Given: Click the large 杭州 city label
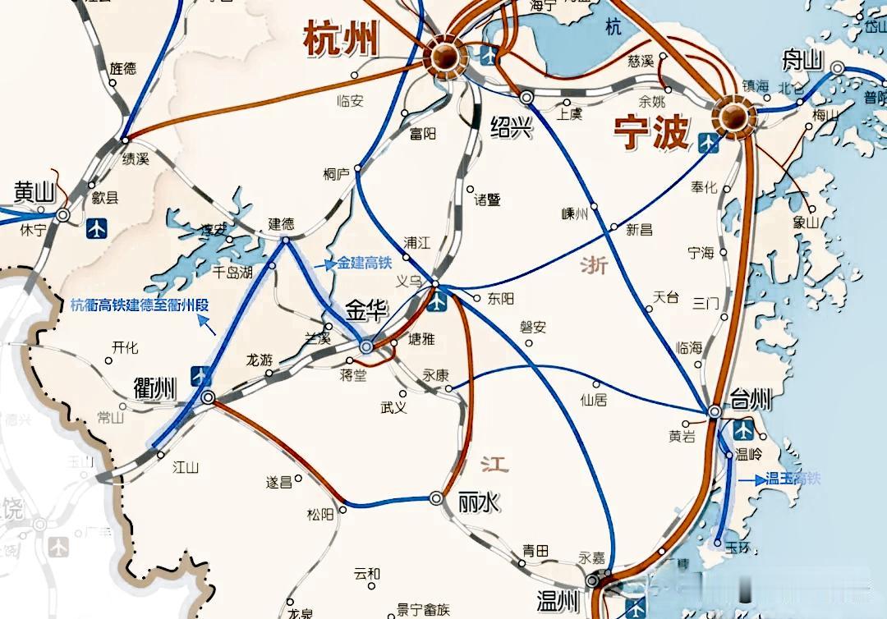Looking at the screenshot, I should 341,39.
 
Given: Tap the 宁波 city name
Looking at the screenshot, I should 651,131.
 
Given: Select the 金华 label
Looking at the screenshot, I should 367,310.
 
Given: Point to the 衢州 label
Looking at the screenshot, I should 155,387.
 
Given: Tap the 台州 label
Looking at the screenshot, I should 750,401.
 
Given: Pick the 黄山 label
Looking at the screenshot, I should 34,191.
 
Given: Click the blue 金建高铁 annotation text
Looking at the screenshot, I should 365,264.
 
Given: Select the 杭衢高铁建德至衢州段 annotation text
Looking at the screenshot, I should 140,304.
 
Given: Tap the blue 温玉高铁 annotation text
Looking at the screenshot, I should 793,479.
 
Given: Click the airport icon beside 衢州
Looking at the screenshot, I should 200,375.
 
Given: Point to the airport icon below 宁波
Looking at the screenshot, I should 708,142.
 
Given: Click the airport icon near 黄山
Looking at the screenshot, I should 96,227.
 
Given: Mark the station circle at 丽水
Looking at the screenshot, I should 436,497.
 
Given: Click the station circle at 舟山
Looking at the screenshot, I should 837,69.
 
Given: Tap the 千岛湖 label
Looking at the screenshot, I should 232,272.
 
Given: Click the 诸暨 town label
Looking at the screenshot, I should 487,199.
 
